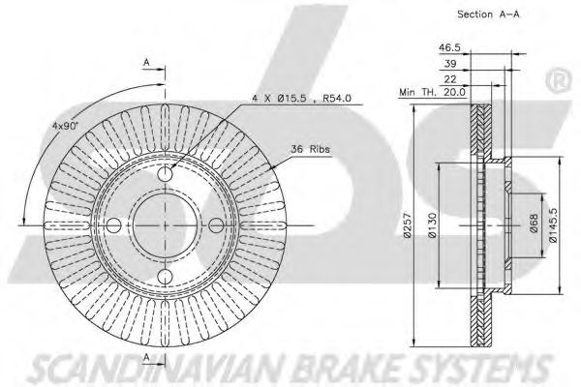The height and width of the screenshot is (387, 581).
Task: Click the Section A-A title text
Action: click(488, 15)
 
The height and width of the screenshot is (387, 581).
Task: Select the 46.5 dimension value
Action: click(449, 47)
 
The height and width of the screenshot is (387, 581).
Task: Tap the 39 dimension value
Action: click(450, 64)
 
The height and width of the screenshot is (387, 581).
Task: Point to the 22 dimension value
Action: click(450, 79)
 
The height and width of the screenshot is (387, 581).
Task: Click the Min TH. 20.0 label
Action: click(432, 92)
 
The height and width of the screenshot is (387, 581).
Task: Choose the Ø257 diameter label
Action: click(408, 225)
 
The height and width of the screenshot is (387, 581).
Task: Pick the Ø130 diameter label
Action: click(433, 225)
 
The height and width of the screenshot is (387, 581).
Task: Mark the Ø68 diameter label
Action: click(534, 223)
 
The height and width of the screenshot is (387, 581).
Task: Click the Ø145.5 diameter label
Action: click(553, 224)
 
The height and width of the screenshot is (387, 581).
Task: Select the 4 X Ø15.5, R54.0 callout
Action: click(301, 99)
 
